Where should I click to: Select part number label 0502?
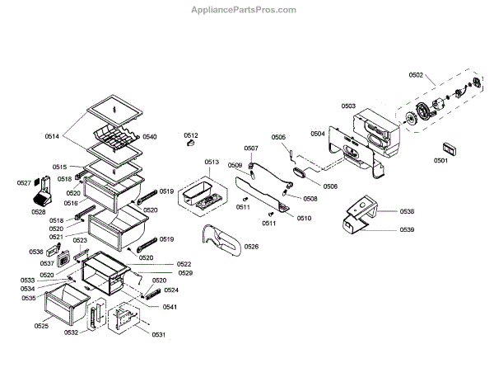[x=416, y=75]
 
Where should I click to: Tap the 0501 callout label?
[x=441, y=160]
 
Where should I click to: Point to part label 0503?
[x=348, y=106]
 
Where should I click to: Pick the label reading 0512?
[x=191, y=134]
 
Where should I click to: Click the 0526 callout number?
[x=251, y=247]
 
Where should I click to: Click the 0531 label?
[x=158, y=334]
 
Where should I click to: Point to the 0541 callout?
[x=169, y=307]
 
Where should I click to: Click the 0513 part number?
[x=212, y=162]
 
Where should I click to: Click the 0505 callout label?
[x=278, y=137]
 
